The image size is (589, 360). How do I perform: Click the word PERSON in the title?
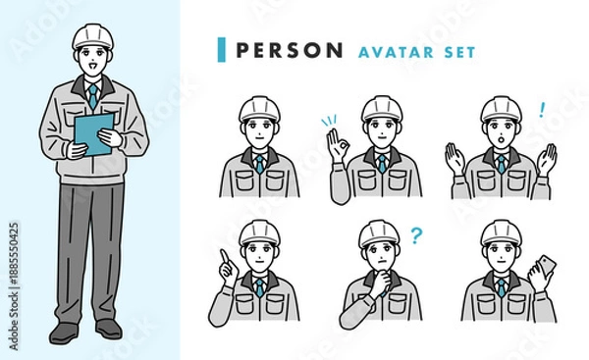[290, 50]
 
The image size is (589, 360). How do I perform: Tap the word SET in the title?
[460, 52]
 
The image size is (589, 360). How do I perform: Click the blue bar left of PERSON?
[222, 50]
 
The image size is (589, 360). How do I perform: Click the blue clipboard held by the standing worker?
[93, 133]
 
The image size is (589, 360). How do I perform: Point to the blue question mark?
[416, 235]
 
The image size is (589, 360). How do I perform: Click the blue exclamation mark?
[541, 110]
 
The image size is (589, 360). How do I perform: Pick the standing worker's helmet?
[92, 36]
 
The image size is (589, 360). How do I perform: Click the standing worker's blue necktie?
[93, 96]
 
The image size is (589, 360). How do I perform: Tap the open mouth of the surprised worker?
[501, 138]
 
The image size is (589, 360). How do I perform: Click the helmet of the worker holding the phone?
[502, 233]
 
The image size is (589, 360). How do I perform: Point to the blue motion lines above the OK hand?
[328, 121]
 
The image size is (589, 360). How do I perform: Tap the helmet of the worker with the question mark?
[379, 233]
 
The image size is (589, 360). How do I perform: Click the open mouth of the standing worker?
[91, 68]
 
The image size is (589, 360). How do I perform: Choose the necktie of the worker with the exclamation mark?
[501, 164]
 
